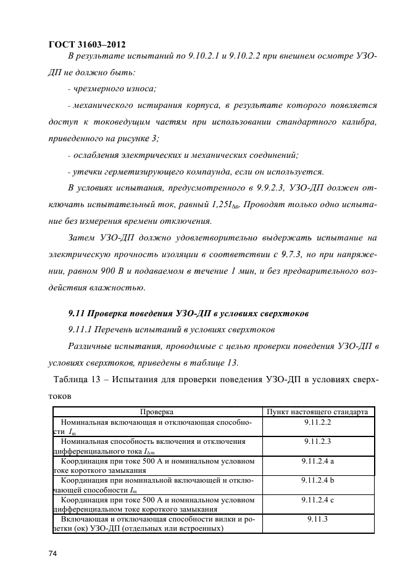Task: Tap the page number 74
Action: coord(52,555)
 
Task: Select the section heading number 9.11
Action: coord(77,314)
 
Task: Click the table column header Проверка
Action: coord(156,411)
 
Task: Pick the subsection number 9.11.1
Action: coord(81,330)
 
